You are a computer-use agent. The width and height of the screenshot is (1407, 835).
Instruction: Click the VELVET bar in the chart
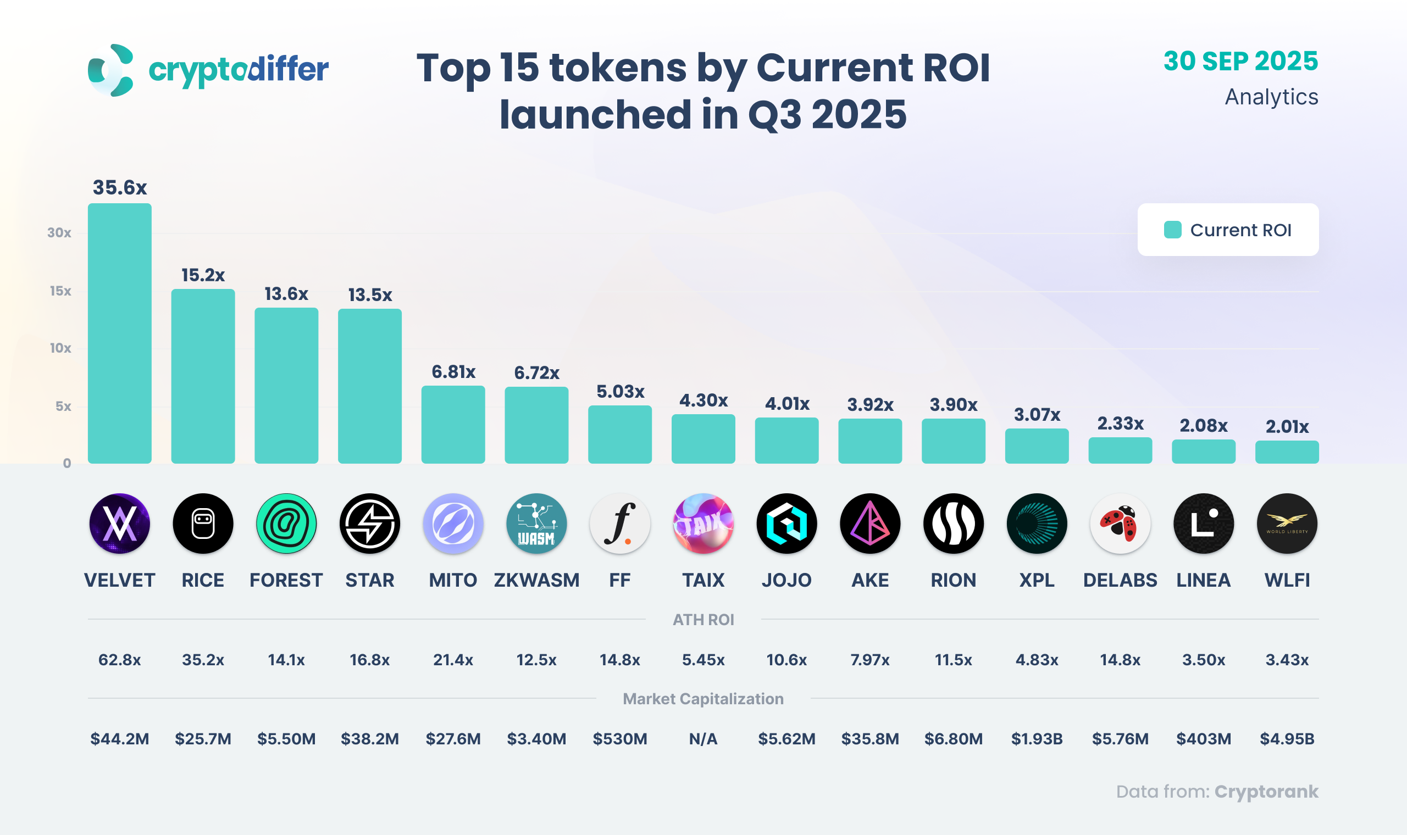(119, 333)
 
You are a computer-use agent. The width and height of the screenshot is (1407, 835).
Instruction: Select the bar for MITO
(453, 424)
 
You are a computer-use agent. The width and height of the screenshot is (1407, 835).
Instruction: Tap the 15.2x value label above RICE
(203, 275)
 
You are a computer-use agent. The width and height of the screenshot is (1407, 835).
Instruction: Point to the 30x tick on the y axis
(59, 233)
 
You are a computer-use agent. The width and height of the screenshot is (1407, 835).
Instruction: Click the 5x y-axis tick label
(63, 407)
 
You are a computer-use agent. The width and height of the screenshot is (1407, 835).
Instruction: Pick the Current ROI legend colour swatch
(1172, 230)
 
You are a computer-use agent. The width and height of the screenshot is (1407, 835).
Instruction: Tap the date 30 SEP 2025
(1240, 62)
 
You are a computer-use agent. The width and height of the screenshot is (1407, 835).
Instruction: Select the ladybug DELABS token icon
(1120, 524)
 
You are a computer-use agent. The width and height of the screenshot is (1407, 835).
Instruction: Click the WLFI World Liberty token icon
(1287, 524)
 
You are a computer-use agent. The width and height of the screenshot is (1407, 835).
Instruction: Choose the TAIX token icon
(703, 524)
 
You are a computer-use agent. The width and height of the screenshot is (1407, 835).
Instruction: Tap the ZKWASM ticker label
(536, 580)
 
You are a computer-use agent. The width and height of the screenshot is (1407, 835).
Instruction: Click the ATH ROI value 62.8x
(119, 659)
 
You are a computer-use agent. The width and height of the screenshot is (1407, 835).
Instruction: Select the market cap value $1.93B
(1037, 739)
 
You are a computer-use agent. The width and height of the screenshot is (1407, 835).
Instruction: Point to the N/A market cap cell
(703, 739)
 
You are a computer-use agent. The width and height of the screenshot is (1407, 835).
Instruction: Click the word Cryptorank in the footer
(1266, 792)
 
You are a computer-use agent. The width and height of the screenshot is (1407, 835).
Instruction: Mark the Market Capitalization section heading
(703, 699)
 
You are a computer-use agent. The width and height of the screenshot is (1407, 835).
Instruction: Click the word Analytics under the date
(1271, 97)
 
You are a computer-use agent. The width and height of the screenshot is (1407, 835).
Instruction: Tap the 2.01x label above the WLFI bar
(1287, 426)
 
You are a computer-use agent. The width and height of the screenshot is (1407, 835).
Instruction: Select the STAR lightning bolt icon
(370, 524)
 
